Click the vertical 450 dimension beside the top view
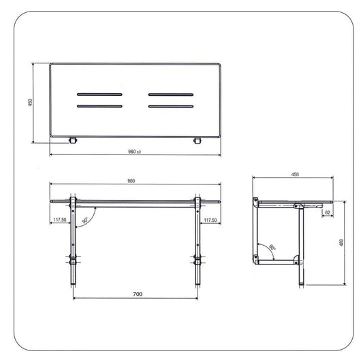point(31,102)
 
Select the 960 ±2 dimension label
point(134,151)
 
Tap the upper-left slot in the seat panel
point(99,94)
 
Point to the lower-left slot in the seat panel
point(99,106)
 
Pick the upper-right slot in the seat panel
point(171,94)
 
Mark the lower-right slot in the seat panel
point(171,106)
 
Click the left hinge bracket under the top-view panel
point(72,141)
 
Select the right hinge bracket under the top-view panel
point(198,141)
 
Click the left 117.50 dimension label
point(60,220)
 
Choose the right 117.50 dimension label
point(210,220)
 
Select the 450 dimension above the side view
point(295,175)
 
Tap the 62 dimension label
point(328,213)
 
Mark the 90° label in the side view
point(272,248)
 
